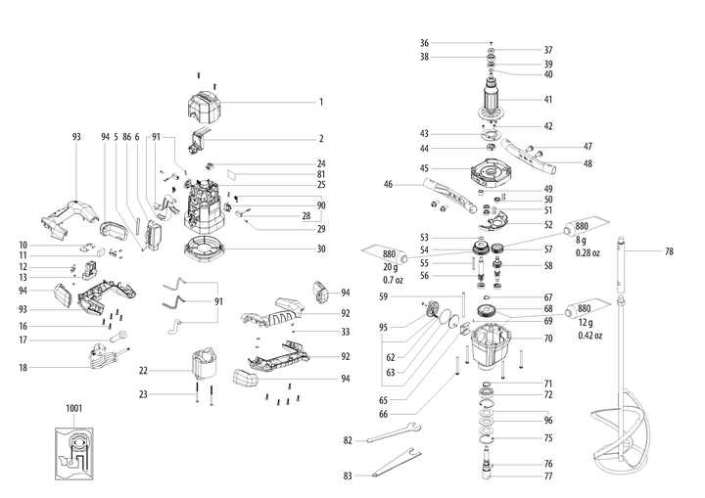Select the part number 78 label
coord(669,251)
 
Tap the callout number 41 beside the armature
coord(548,100)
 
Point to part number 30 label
coord(320,249)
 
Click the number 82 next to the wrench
coord(349,440)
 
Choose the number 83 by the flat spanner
coord(349,475)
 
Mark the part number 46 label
coord(388,184)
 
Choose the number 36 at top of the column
coord(424,42)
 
